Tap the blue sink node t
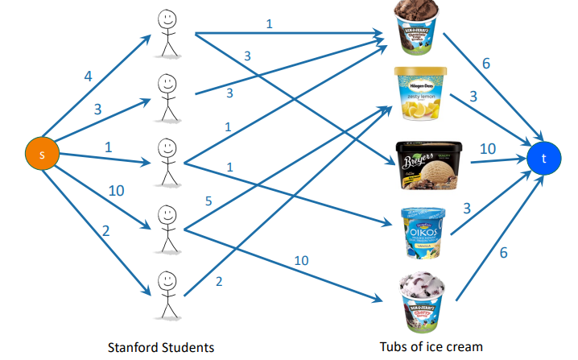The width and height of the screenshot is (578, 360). tap(544, 158)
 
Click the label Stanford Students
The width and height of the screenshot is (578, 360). tap(161, 347)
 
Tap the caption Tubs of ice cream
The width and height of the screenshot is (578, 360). tap(431, 347)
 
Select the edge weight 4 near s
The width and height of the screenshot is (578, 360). tap(88, 77)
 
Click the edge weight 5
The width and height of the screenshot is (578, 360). tap(208, 201)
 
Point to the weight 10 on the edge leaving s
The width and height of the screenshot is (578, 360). tap(116, 190)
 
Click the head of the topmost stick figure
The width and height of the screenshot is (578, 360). tap(167, 17)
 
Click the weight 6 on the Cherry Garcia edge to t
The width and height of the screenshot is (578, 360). tap(504, 253)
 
